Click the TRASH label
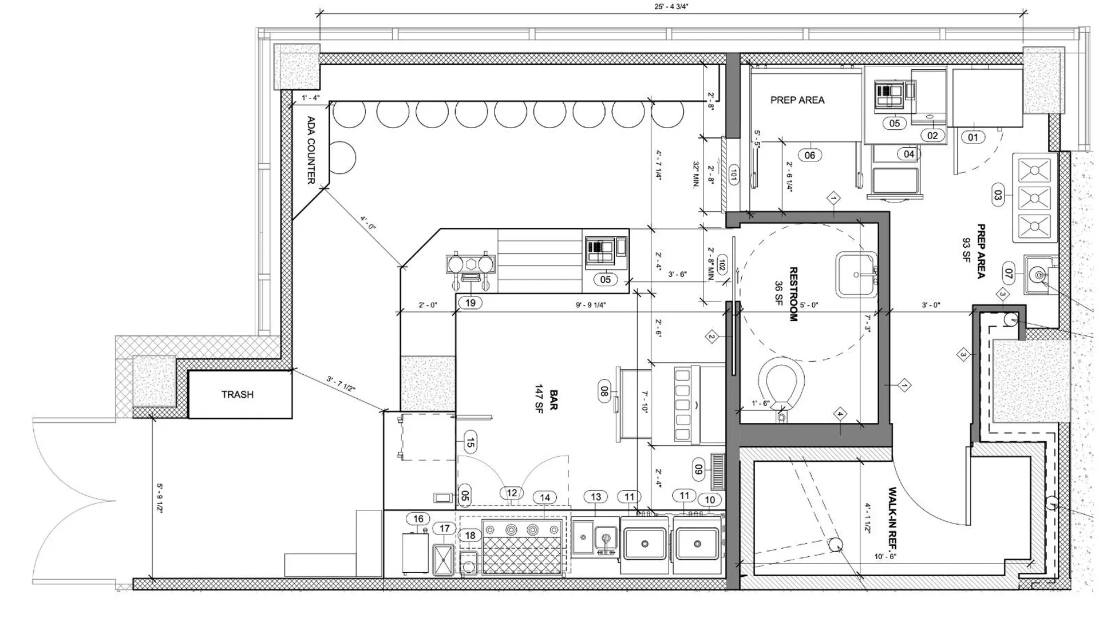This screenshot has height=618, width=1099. (238, 394)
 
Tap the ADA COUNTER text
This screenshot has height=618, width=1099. (311, 150)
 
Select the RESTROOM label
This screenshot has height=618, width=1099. (793, 294)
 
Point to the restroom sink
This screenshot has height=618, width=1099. (856, 275)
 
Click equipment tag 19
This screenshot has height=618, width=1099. (470, 303)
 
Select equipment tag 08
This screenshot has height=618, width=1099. (604, 391)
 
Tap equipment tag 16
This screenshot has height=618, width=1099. (418, 519)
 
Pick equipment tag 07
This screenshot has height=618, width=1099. (1009, 274)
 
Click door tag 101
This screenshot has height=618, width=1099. (733, 175)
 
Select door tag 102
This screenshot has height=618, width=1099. (722, 266)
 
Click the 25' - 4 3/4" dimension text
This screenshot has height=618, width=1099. (671, 7)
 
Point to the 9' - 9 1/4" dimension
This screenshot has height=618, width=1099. (591, 305)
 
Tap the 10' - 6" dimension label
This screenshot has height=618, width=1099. (885, 556)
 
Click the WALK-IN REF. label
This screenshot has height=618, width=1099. (892, 518)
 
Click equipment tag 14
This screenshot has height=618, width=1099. (545, 498)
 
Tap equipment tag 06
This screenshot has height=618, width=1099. (809, 155)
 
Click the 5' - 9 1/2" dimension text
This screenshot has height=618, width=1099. (160, 499)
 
